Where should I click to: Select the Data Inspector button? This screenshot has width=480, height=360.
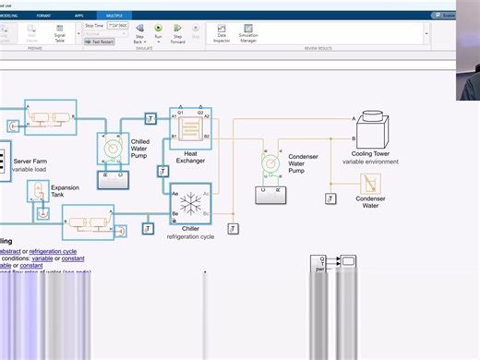point(222,33)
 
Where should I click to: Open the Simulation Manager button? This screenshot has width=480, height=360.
point(248,33)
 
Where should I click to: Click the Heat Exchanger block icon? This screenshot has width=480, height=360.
point(191,128)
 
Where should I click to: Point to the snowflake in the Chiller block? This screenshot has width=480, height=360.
point(191,203)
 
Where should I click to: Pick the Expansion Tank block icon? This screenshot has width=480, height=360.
point(39,194)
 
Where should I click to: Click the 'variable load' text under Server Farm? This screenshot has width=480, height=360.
point(30,170)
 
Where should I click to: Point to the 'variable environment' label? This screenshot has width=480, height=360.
point(370,162)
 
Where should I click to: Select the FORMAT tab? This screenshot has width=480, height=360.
point(43,16)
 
